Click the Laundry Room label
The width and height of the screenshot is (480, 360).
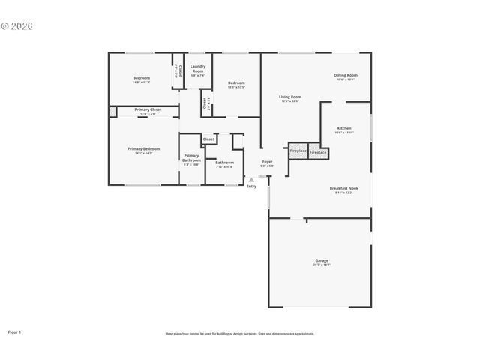pos(198,68)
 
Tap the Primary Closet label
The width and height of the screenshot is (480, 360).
pos(148,110)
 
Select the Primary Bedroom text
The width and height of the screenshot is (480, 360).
pos(143,149)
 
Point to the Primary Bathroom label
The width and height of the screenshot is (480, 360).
pos(191,157)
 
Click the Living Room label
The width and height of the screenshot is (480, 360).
pos(290,97)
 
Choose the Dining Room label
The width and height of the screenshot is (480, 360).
pos(346,75)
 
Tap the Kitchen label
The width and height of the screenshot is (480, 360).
pos(344,128)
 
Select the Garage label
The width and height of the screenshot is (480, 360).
pos(321,261)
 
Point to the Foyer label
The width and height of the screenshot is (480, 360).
pos(267,162)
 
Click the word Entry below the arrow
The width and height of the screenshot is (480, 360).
pos(251,186)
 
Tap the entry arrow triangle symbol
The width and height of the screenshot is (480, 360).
pos(251,180)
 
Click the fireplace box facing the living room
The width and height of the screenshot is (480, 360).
pos(298,150)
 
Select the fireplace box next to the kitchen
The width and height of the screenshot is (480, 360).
pos(318,152)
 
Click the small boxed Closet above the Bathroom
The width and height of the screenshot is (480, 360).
pos(208,139)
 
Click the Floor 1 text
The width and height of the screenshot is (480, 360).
pos(14,331)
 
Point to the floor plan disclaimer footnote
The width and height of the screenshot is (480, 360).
pos(240,333)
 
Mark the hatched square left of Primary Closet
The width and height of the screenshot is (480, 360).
pos(112,111)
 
